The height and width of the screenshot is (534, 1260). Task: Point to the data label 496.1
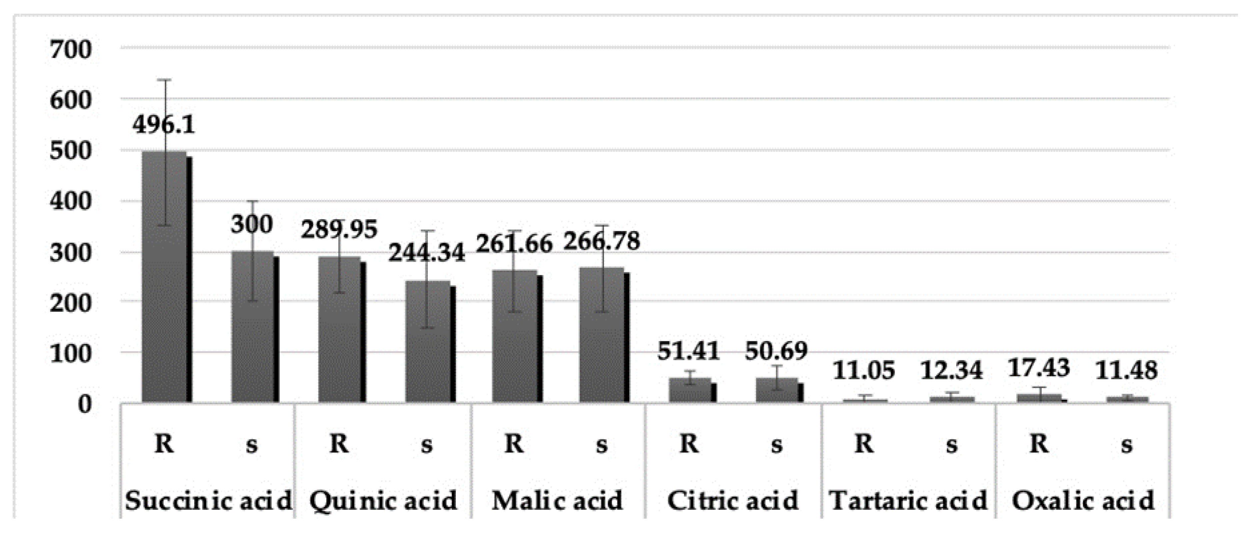click(x=163, y=125)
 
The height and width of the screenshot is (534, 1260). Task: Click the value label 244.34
click(x=426, y=253)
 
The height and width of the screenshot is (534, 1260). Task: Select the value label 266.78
click(x=601, y=241)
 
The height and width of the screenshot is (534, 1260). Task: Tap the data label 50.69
click(x=776, y=351)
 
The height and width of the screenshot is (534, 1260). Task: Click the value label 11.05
click(x=864, y=370)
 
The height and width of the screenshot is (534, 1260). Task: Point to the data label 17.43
click(x=1039, y=368)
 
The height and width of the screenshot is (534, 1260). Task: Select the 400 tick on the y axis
click(x=71, y=201)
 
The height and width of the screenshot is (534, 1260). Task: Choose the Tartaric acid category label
click(x=908, y=501)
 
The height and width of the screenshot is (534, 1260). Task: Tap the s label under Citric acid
click(x=776, y=445)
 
